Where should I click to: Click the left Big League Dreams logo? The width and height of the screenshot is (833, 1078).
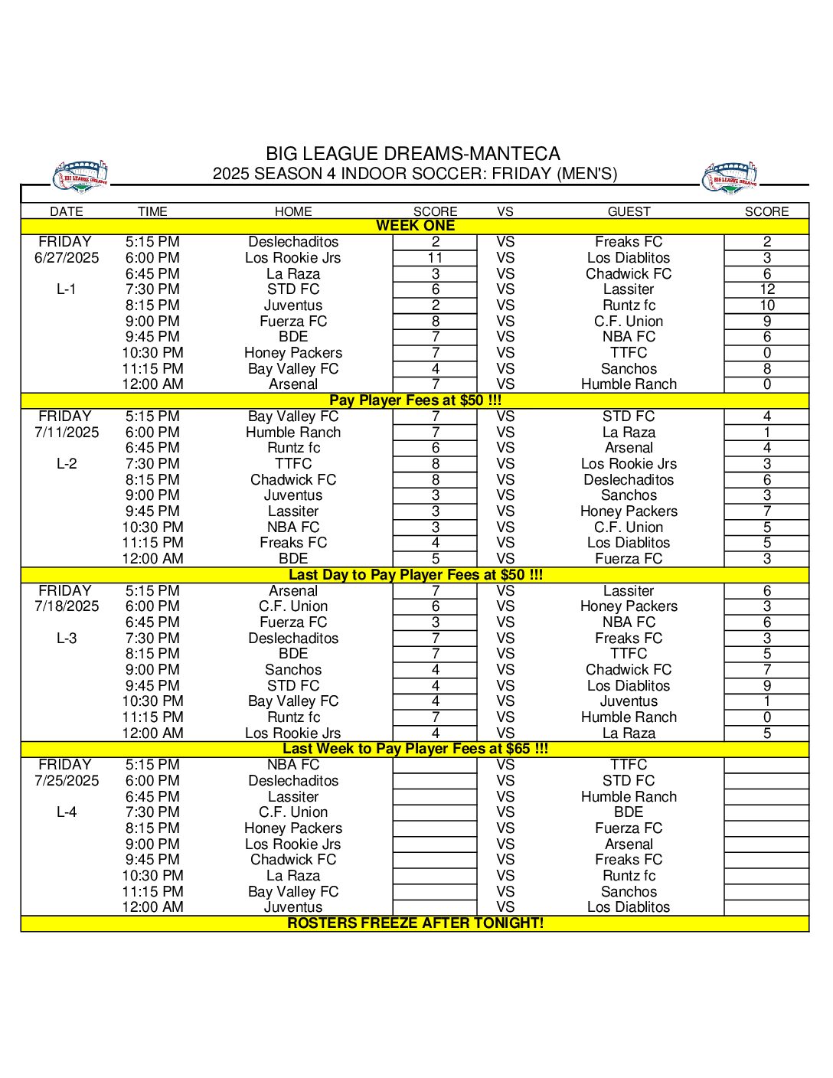[x=80, y=177]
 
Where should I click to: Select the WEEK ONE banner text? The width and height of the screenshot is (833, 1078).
[x=415, y=226]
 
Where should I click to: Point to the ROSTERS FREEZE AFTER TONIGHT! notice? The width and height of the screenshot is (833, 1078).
[x=415, y=923]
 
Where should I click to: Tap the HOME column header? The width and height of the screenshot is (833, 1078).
[x=293, y=211]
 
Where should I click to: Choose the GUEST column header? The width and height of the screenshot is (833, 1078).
[x=629, y=211]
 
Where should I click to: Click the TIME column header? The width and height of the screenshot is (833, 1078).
[x=152, y=211]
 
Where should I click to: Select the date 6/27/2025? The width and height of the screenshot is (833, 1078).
[x=67, y=258]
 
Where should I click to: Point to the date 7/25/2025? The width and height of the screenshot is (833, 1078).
[x=67, y=781]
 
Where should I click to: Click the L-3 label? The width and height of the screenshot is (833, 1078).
[x=67, y=639]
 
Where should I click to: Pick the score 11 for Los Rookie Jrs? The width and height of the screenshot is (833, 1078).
[x=435, y=258]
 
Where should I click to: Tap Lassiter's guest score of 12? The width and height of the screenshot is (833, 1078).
[x=766, y=289]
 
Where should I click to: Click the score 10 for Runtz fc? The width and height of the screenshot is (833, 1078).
[x=766, y=305]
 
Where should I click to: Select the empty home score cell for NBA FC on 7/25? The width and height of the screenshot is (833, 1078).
[x=435, y=765]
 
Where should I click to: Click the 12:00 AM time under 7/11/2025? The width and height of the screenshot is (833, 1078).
[x=152, y=559]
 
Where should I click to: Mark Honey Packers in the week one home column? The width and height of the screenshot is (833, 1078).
[x=293, y=353]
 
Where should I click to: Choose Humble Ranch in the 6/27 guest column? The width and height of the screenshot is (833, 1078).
[x=629, y=384]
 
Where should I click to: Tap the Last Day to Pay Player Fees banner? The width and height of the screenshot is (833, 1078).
[x=415, y=575]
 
